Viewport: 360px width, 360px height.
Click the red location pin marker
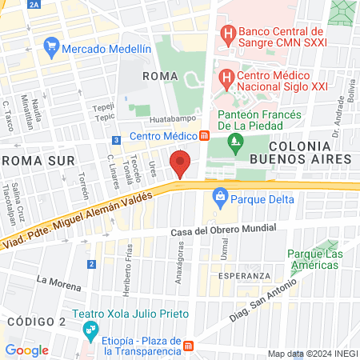point(181,164)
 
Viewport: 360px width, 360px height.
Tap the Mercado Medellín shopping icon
point(52,47)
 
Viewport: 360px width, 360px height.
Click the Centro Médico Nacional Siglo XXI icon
point(226,78)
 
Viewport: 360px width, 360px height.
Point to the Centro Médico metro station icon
point(205,136)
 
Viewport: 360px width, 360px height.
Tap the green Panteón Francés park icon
point(235,144)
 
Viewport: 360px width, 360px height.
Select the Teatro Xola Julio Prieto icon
point(90,328)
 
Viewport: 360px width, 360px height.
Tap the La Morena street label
point(59,282)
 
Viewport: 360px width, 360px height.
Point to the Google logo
point(26,350)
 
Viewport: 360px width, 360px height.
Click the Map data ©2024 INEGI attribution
point(311,354)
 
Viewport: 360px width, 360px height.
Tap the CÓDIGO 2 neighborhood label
point(35,321)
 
